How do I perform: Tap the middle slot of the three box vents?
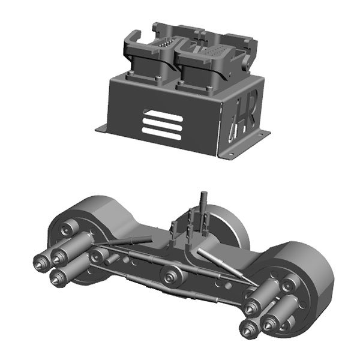pos(163,122)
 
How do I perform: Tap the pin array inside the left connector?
pos(166,43)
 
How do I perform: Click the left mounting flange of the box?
pos(101,128)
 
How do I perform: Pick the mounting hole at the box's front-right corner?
pos(232,154)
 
